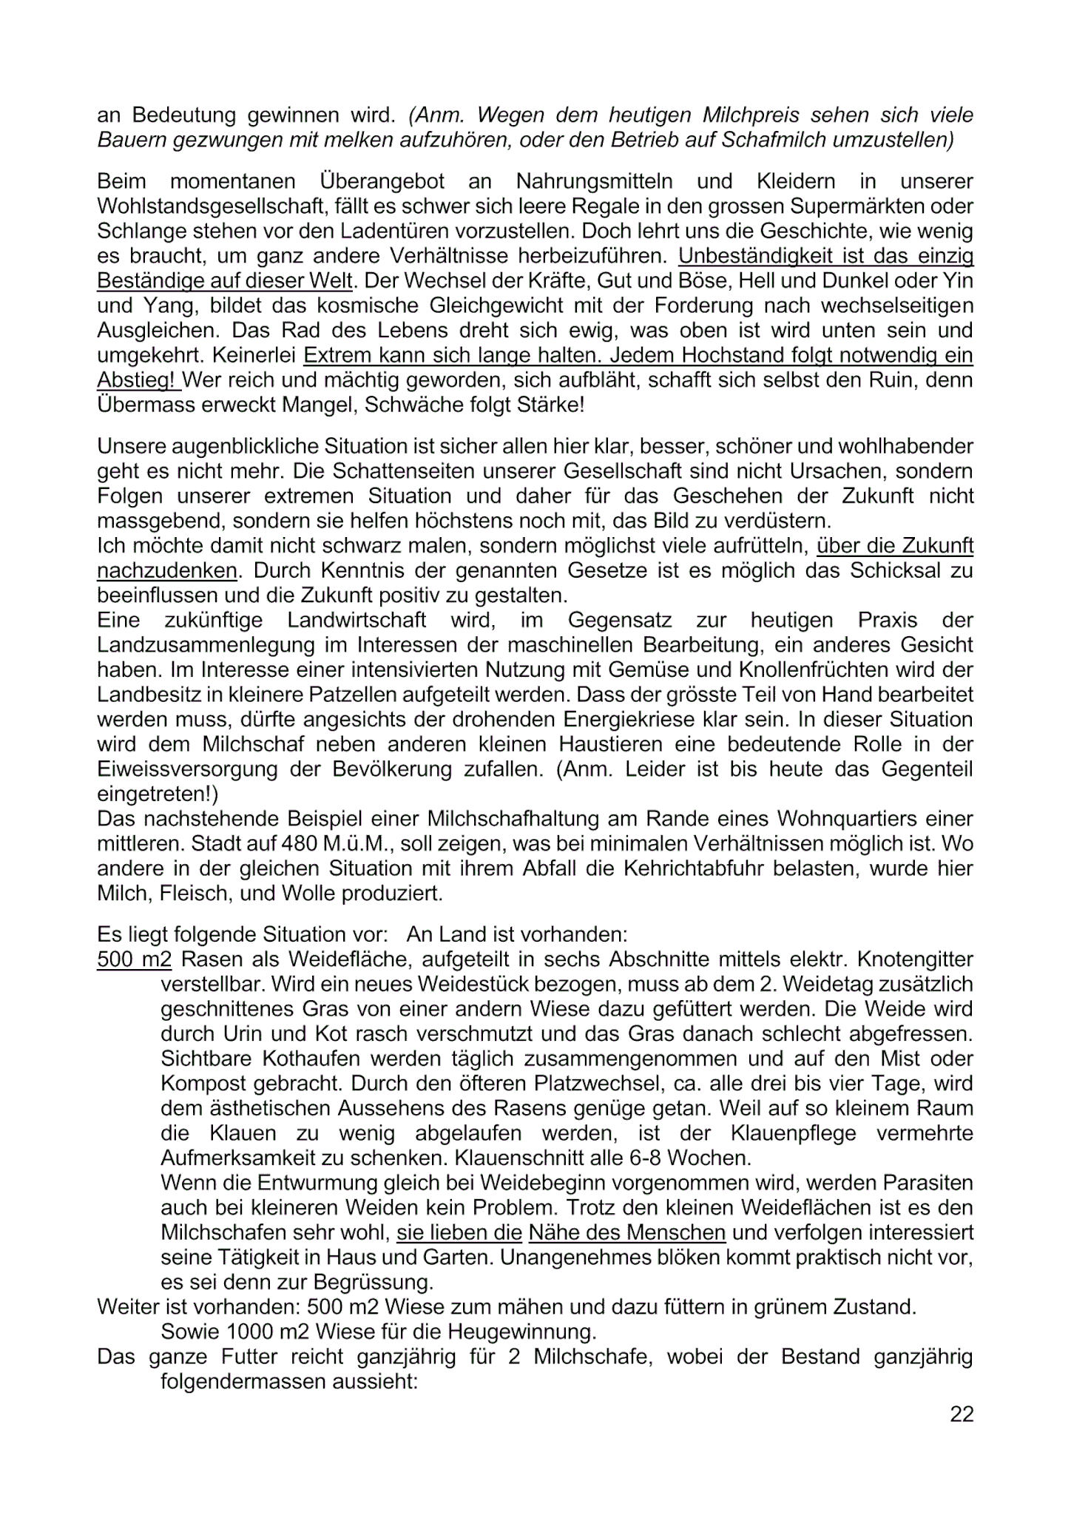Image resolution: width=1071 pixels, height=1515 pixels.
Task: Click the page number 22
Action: tap(962, 1414)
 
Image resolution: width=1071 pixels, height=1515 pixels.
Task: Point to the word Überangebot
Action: tap(382, 181)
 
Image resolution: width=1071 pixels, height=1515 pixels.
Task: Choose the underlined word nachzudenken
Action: tap(167, 571)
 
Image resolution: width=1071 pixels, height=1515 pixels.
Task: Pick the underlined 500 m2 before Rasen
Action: tap(134, 959)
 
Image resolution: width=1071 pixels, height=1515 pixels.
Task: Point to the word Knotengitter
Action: tap(915, 959)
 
